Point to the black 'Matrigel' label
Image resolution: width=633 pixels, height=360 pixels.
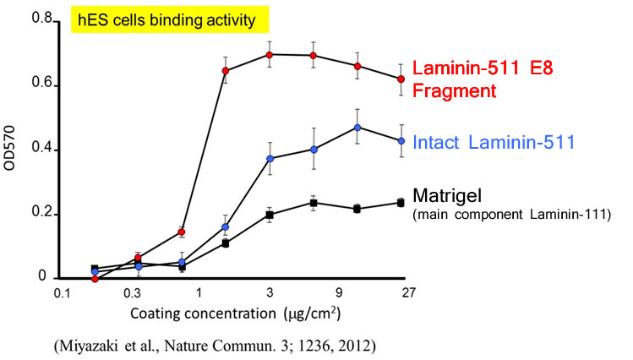click(x=448, y=196)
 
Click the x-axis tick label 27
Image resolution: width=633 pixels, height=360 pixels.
click(x=408, y=294)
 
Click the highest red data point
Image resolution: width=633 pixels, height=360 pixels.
click(x=270, y=55)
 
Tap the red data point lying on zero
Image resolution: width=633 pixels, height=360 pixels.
click(x=95, y=279)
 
